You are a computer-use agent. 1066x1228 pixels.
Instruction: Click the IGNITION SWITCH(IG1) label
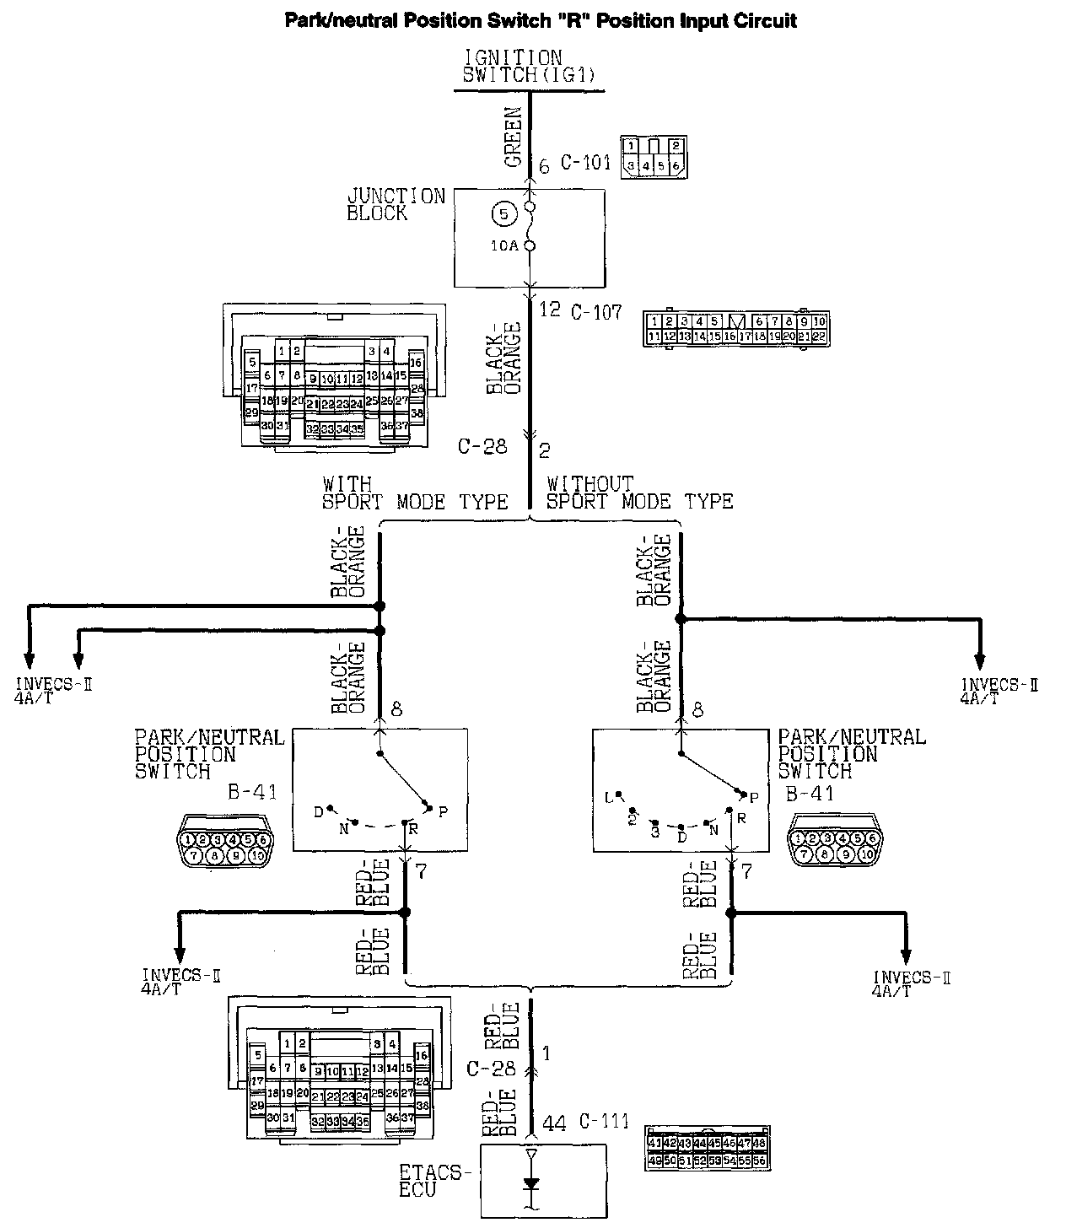529,66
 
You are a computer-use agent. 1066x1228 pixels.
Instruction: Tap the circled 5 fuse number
503,214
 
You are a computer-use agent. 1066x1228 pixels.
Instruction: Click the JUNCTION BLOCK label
396,205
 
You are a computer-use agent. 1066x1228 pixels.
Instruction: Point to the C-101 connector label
585,163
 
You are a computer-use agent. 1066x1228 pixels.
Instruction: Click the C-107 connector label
596,313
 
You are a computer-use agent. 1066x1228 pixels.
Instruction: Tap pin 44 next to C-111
554,1123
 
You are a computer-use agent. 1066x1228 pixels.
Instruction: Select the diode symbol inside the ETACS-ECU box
530,1182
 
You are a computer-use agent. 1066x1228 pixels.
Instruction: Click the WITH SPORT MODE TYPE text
415,493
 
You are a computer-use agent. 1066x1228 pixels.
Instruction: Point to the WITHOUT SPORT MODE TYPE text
639,493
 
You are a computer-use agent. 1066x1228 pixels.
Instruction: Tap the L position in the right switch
609,796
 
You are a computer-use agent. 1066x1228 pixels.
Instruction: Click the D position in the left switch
319,811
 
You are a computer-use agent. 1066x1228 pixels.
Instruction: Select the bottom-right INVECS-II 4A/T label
911,983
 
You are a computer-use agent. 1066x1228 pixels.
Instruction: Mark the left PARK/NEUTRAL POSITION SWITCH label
210,754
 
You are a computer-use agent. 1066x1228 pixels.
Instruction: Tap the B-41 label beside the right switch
810,794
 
